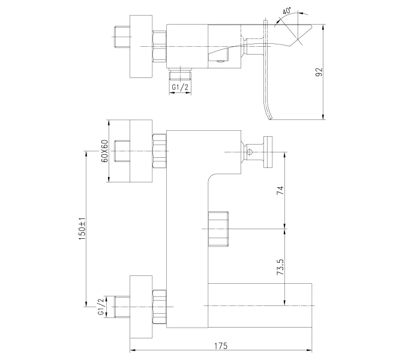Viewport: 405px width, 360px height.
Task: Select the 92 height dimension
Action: (319, 71)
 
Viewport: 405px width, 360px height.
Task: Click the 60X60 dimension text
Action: (103, 151)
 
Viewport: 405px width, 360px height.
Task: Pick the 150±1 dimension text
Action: (83, 229)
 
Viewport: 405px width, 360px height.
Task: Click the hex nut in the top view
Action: (159, 46)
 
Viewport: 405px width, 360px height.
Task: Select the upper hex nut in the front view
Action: (160, 151)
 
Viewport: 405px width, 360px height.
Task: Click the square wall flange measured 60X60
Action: (142, 151)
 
